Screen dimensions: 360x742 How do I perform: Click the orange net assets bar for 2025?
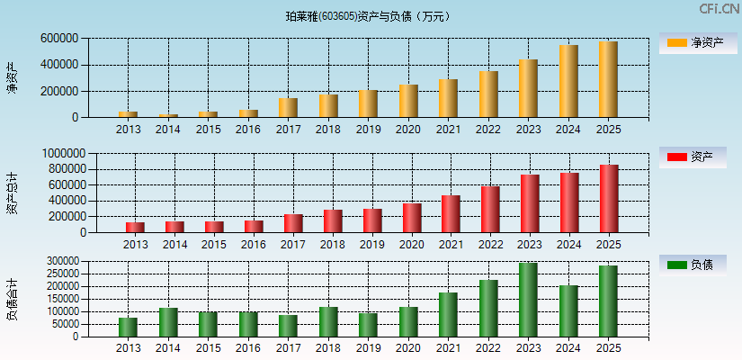coord(609,79)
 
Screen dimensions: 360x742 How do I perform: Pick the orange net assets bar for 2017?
coord(288,107)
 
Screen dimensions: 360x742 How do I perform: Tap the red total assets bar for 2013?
coord(135,227)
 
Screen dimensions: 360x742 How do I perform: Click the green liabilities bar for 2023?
coord(528,300)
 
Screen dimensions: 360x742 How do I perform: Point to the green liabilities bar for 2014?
coord(168,322)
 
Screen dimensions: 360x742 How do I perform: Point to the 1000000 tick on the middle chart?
coord(62,154)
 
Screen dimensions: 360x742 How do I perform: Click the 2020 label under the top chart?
coord(408,130)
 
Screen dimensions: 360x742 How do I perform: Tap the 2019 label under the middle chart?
coord(371,245)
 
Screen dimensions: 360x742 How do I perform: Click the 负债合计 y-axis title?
coord(13,300)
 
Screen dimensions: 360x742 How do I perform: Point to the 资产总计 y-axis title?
coord(13,193)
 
